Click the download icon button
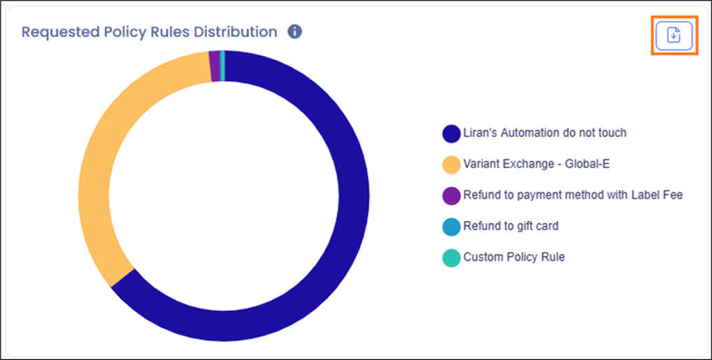(x=674, y=34)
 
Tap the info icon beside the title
(x=294, y=32)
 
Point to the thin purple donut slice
(x=215, y=66)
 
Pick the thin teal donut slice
(x=222, y=66)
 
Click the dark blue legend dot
(x=451, y=133)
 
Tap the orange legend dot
(x=451, y=164)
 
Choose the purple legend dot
(x=451, y=196)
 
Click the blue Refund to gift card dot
(x=451, y=226)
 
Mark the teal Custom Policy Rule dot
(x=451, y=258)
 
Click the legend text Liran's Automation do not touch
(x=545, y=133)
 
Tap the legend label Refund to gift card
(x=511, y=226)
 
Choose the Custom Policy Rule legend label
(x=514, y=257)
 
